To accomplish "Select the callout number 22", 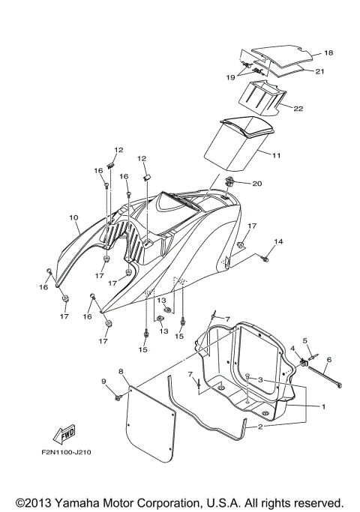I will pos(298,109).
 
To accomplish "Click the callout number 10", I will pos(73,218).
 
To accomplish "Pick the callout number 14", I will pos(278,241).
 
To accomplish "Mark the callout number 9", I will pos(103,382).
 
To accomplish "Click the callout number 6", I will pos(328,360).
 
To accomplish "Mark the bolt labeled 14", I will pos(264,259).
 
